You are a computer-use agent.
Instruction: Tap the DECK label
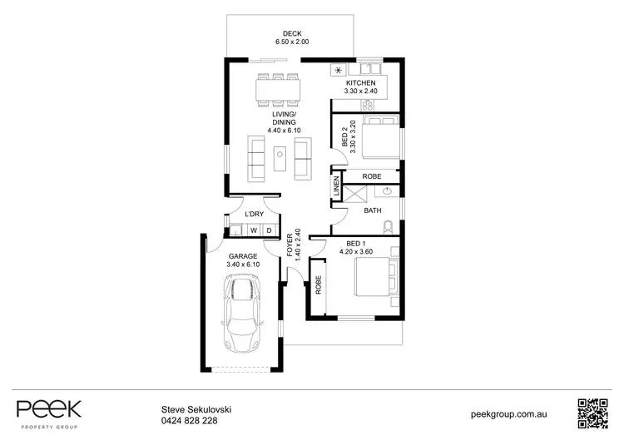291,34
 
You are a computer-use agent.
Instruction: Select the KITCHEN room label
362,84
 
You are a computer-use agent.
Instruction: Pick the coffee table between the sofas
280,153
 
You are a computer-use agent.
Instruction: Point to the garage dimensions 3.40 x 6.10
243,264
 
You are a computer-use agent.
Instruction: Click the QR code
593,413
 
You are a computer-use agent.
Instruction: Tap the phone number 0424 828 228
189,420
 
